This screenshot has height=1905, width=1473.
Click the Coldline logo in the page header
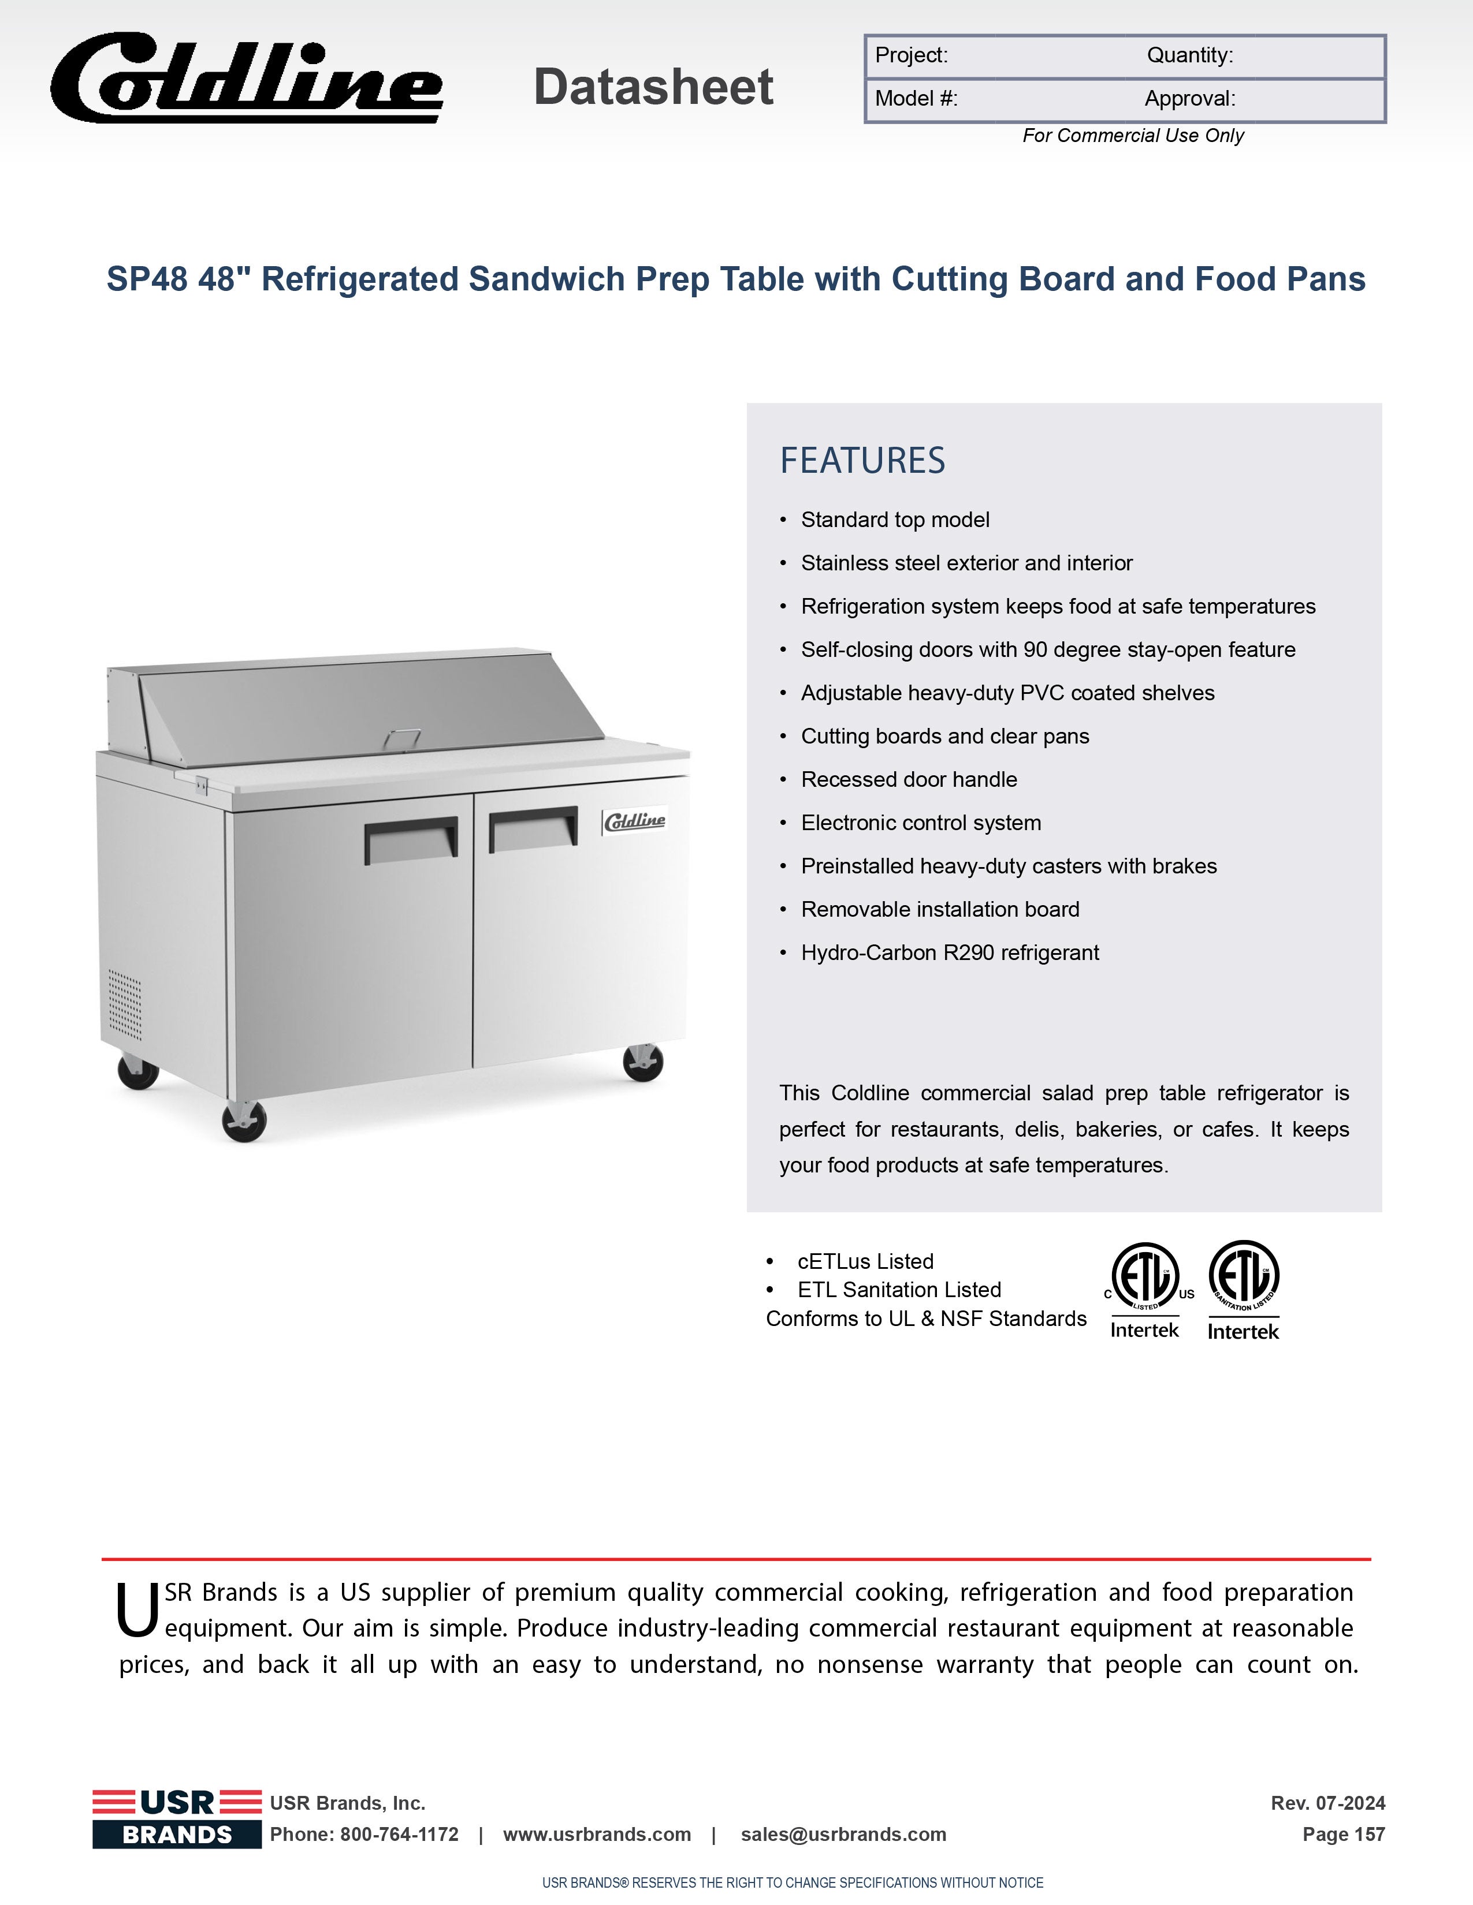pos(247,79)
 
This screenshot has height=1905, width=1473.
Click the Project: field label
pos(911,56)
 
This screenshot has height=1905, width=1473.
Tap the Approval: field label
pos(1189,99)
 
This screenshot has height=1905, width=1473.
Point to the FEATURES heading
pos(862,461)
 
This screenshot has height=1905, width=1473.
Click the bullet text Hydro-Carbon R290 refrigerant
pos(950,952)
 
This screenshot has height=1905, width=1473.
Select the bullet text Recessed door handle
pos(909,780)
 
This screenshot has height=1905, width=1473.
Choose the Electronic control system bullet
pos(921,823)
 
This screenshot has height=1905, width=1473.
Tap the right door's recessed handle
pos(533,828)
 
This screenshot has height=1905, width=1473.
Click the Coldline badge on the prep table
pos(634,821)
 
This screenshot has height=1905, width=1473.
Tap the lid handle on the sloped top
pos(401,738)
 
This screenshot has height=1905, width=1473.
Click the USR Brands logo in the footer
pos(177,1818)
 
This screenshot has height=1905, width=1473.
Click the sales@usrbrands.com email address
pos(843,1835)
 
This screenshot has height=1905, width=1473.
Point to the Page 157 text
pos(1343,1835)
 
